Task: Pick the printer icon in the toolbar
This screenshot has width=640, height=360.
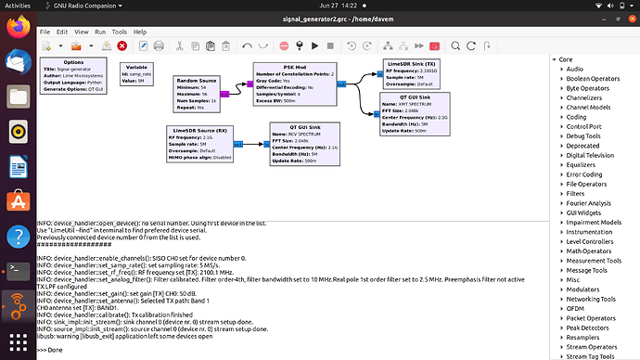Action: pos(158,45)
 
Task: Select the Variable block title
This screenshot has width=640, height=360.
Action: pos(136,66)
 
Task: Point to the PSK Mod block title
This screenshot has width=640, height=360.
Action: pos(293,66)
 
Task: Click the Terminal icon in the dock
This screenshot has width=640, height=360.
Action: pos(17,270)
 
